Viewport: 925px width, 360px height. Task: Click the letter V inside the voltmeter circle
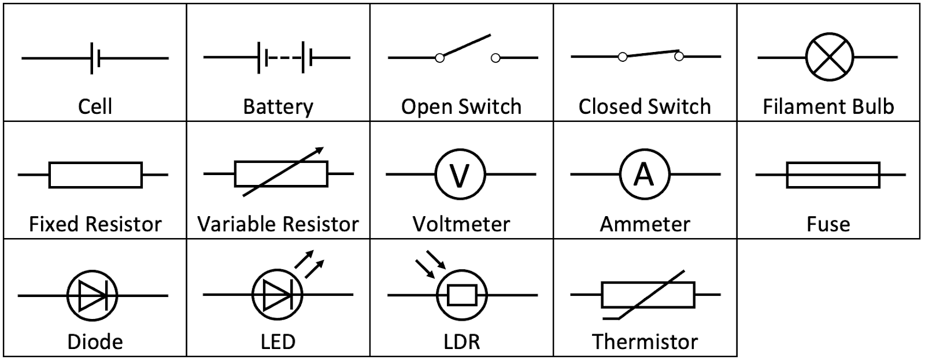click(460, 175)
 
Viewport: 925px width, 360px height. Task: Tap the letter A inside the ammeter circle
click(643, 174)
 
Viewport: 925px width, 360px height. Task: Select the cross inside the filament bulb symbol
click(830, 57)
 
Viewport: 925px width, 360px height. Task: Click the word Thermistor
click(645, 342)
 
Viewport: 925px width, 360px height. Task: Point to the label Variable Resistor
click(277, 224)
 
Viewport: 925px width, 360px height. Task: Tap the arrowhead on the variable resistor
click(320, 150)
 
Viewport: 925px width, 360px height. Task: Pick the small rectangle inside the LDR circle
click(461, 295)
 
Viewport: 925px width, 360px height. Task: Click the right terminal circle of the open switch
click(495, 58)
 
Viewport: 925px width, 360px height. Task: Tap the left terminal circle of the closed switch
click(623, 57)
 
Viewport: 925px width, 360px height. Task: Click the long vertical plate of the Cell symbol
click(92, 58)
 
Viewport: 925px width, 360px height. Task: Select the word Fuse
click(828, 224)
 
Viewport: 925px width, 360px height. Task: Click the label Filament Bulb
click(828, 107)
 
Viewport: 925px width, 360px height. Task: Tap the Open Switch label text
click(461, 107)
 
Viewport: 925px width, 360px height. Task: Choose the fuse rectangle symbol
click(832, 175)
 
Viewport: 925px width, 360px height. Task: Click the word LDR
click(462, 342)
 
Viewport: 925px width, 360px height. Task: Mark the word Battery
click(277, 107)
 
